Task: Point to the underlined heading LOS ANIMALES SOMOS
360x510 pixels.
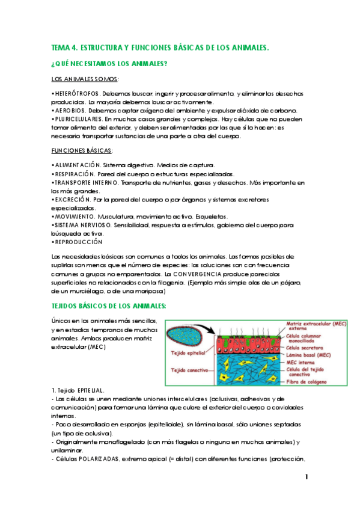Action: (x=85, y=79)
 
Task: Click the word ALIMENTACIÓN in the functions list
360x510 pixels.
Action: (x=77, y=165)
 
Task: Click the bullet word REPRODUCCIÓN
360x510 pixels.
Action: (x=78, y=241)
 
